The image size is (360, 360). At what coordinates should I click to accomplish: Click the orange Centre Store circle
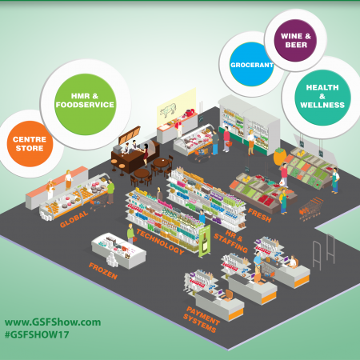pos(30,144)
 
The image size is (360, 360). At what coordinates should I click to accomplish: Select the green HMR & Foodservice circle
pos(85,104)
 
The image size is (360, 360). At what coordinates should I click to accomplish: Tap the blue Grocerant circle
pos(251,64)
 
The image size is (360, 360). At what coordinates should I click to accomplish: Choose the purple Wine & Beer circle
pos(295,41)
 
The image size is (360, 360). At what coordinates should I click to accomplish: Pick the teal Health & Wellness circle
pos(322,98)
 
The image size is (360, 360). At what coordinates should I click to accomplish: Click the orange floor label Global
pos(74,219)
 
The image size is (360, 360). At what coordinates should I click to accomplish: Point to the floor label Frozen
pos(103,270)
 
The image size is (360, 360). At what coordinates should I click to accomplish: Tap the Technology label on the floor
pos(160,242)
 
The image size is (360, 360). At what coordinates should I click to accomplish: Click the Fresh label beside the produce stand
pos(259,215)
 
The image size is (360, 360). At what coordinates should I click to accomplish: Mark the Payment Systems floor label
pos(202,319)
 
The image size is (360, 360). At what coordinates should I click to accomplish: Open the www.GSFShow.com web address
pos(53,322)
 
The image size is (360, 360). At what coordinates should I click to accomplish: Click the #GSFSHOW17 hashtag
pos(37,334)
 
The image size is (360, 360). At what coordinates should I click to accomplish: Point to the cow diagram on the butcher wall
pos(168,110)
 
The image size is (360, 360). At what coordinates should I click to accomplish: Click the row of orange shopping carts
pos(311,209)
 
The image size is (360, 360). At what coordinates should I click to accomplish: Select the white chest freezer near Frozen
pos(119,251)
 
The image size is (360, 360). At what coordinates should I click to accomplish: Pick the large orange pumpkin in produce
pos(280,156)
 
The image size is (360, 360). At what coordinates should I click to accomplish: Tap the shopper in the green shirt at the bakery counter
pos(110,191)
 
